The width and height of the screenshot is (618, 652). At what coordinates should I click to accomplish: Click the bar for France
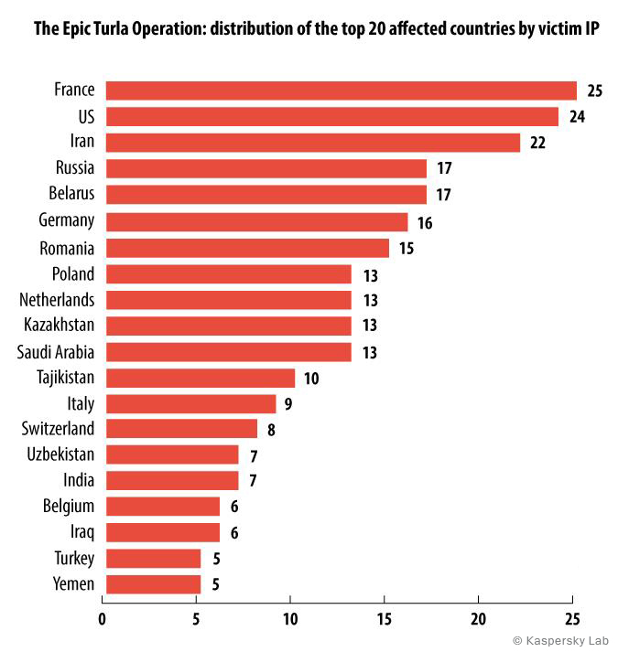(342, 91)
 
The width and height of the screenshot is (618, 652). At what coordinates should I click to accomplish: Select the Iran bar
(313, 143)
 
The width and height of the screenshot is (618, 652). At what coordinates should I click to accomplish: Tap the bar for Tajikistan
(201, 378)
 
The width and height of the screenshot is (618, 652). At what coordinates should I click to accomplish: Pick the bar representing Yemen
(153, 584)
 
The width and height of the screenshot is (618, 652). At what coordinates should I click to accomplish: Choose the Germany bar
(257, 221)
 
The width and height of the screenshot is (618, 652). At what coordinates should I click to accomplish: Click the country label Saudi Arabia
(56, 352)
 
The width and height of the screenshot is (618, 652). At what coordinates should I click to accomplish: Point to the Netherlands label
(57, 300)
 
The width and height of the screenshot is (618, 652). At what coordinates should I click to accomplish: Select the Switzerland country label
(58, 429)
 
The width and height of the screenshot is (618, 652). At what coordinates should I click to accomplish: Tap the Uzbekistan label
(60, 454)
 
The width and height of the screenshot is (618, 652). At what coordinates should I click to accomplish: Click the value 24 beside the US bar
(577, 117)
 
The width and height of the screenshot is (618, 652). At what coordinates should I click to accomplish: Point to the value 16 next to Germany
(425, 223)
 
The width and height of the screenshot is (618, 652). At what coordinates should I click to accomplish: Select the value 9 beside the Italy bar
(288, 404)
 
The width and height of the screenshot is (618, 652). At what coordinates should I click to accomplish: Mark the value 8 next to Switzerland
(271, 430)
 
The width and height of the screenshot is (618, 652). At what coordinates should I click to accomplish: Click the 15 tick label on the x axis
(384, 619)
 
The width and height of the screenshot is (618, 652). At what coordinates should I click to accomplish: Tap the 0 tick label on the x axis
(102, 619)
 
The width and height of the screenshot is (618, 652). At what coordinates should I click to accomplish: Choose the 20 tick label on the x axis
(478, 619)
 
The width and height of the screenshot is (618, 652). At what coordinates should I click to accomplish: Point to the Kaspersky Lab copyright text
(561, 641)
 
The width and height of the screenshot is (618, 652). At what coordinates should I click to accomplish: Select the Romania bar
(247, 248)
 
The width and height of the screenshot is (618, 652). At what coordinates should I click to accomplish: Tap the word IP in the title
(591, 28)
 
